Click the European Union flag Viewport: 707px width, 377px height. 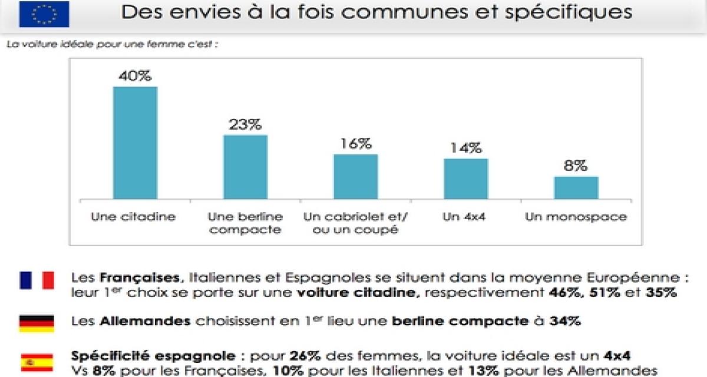[x=44, y=15]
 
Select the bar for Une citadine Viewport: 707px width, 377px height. [x=135, y=143]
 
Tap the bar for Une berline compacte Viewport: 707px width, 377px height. [x=245, y=167]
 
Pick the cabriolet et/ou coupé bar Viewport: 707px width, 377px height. [x=356, y=176]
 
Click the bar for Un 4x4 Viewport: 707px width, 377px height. [x=466, y=178]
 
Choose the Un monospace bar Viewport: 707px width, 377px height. [x=576, y=187]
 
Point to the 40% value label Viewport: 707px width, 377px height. [x=135, y=77]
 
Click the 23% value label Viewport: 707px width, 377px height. [x=245, y=125]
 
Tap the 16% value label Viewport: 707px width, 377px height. [x=356, y=144]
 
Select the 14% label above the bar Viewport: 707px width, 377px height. [x=466, y=148]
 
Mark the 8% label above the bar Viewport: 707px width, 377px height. [x=576, y=166]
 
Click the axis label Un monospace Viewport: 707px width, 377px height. [x=576, y=217]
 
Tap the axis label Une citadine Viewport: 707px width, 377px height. [x=134, y=217]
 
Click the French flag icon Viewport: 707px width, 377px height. [x=37, y=280]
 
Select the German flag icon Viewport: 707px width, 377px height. [x=37, y=323]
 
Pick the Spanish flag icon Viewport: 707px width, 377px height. [x=37, y=362]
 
